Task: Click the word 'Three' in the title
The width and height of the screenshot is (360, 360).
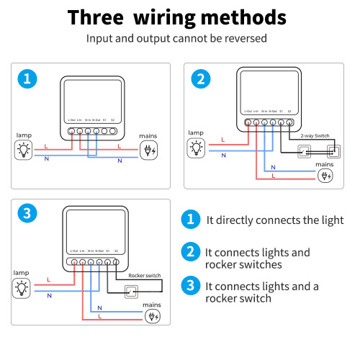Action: pyautogui.click(x=97, y=17)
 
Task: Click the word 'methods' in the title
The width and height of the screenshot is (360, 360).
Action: pyautogui.click(x=247, y=17)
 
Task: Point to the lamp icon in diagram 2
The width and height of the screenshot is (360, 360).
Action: pyautogui.click(x=196, y=148)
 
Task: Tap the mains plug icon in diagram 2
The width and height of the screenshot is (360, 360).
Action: pyautogui.click(x=325, y=175)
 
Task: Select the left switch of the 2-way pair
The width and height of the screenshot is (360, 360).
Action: pyautogui.click(x=305, y=151)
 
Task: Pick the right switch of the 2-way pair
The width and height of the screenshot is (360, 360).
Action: pyautogui.click(x=333, y=151)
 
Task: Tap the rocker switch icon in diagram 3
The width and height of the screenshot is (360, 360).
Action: pyautogui.click(x=132, y=291)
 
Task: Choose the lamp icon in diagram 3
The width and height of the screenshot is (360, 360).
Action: pyautogui.click(x=23, y=288)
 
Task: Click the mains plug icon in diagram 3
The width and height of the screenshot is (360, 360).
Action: pyautogui.click(x=153, y=315)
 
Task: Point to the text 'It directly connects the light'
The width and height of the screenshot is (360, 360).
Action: pyautogui.click(x=274, y=220)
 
